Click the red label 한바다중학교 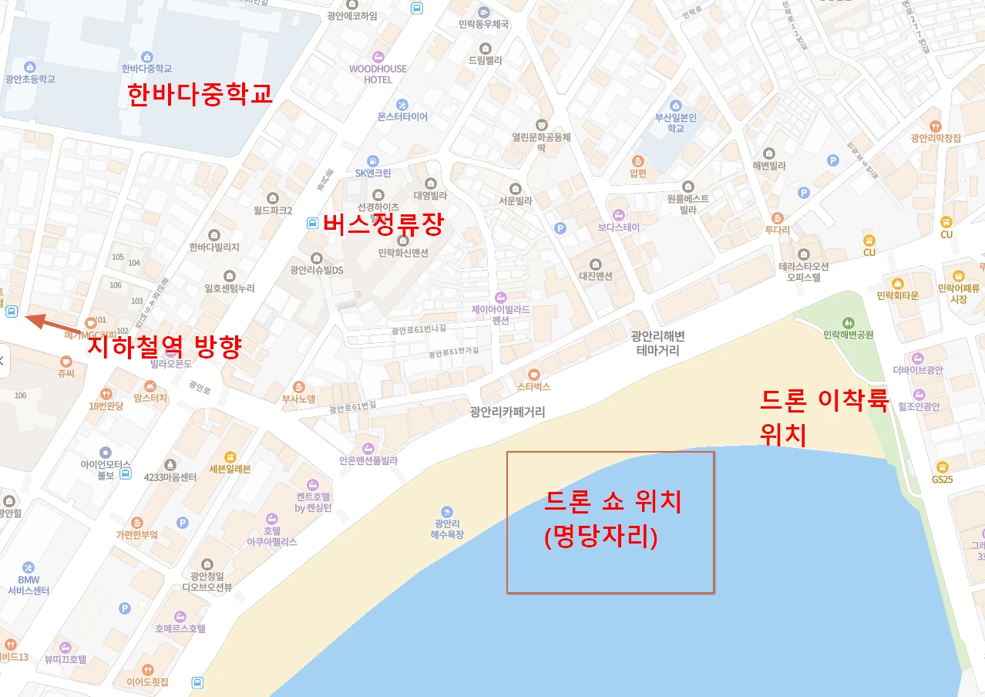coord(200,94)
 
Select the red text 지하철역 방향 coord(164,346)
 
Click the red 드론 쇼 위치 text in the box coord(613,503)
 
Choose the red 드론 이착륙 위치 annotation coord(824,417)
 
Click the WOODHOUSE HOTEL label coord(378,74)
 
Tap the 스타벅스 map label coord(533,386)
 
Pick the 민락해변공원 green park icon coord(848,322)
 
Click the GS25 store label coord(942,479)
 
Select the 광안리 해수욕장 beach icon coord(447,512)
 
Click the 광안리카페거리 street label coord(507,412)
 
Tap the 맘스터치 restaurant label coord(150,398)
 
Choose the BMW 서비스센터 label coord(29,584)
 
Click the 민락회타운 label coord(898,295)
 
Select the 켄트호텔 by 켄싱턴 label coord(313,503)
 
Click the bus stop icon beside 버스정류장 coord(312,223)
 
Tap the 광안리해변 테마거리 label coord(657,343)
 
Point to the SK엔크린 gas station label coord(373,173)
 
